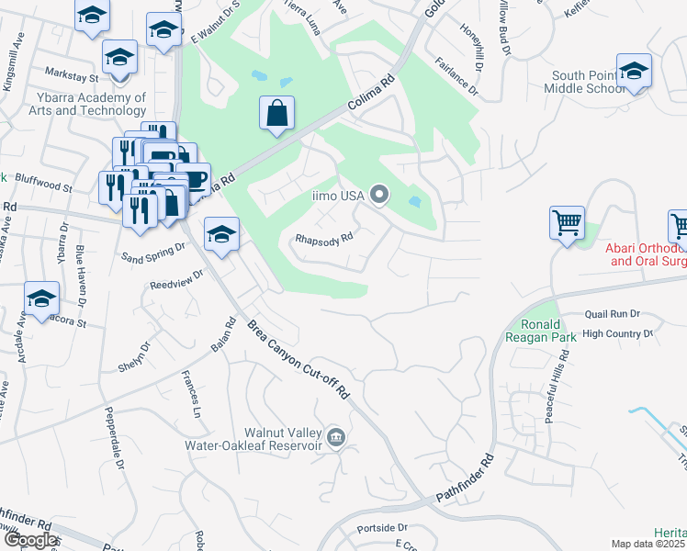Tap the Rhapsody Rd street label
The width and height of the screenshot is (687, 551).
click(324, 238)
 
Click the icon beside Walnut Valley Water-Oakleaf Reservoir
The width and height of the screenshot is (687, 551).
click(336, 437)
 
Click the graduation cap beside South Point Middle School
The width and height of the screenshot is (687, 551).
click(634, 71)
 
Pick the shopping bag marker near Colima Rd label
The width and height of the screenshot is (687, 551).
click(277, 114)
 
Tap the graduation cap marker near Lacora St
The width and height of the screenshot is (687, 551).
click(41, 298)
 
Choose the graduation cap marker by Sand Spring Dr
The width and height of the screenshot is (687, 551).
click(221, 234)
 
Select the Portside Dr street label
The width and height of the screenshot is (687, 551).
click(383, 528)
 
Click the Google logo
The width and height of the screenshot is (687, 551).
click(30, 540)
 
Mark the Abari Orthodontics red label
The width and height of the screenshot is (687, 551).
click(646, 254)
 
